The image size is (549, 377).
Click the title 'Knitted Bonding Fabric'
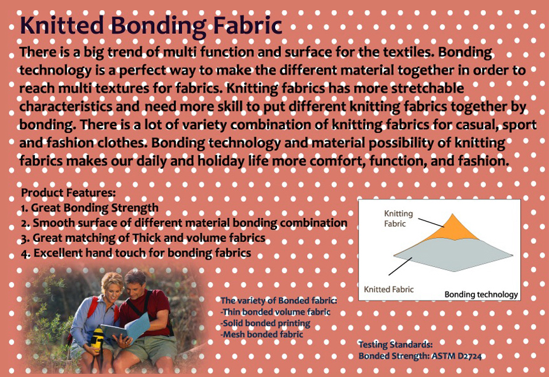pos(151,25)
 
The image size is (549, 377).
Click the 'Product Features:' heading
pos(68,192)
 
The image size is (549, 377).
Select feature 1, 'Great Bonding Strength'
pos(89,208)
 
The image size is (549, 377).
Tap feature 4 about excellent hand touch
pos(136,253)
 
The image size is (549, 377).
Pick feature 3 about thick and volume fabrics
pos(143,238)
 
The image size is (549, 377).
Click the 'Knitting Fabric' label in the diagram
pos(399,218)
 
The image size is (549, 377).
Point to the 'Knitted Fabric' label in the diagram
pos(389,290)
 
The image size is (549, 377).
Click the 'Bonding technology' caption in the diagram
pos(481,295)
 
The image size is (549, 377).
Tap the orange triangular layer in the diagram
pos(452,229)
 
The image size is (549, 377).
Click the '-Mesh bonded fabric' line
pos(262,334)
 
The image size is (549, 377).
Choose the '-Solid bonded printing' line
pos(265,323)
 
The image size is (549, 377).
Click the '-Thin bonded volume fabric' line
pos(275,312)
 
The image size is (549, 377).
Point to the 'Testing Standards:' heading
pos(396,345)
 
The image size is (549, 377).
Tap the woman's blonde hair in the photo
pos(112,282)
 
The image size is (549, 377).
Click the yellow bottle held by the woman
pos(97,337)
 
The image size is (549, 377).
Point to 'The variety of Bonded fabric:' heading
pos(279,301)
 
